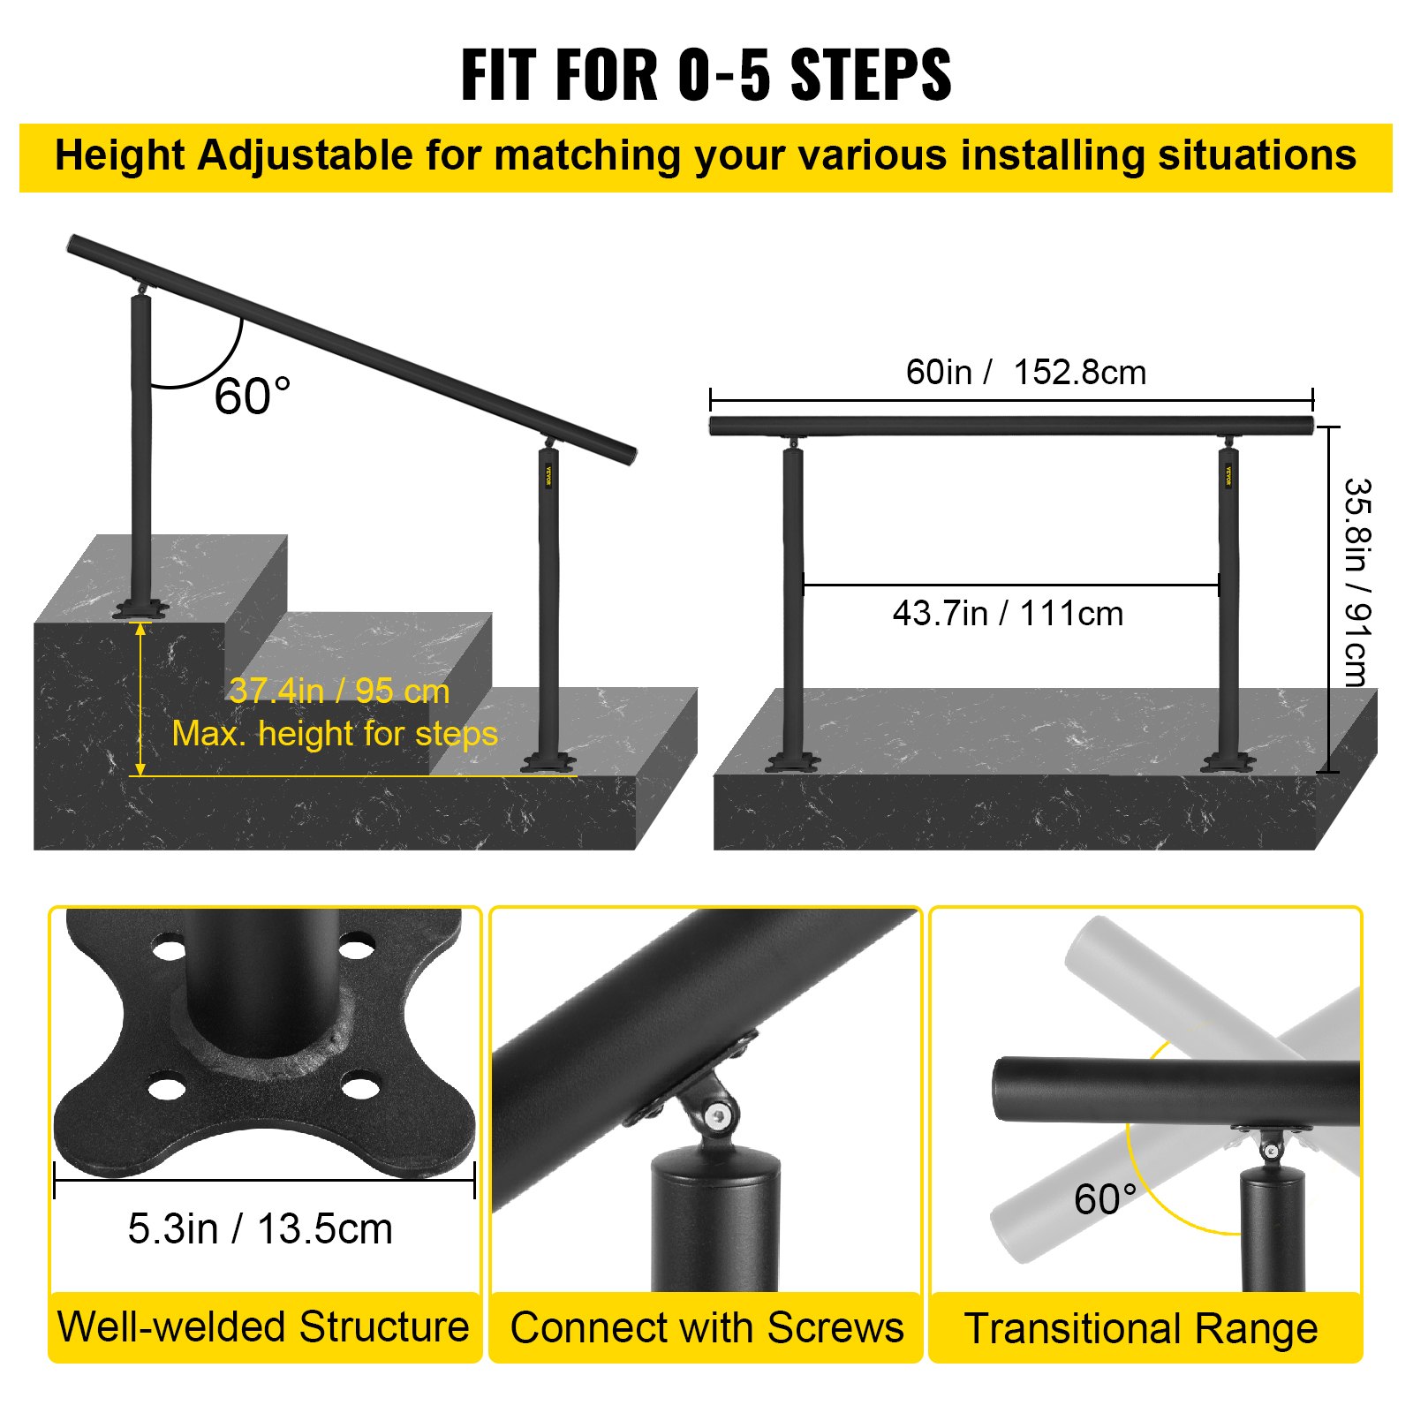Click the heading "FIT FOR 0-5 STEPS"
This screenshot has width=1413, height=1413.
pos(706,74)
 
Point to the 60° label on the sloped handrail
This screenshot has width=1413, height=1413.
pos(252,396)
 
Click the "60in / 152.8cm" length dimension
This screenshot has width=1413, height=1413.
pos(1025,373)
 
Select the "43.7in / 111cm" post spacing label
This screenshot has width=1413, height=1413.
pos(1008,614)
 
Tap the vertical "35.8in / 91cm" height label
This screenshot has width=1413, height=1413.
pos(1356,582)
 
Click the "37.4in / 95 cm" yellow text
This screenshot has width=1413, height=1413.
pos(339,691)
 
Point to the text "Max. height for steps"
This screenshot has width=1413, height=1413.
pos(335,734)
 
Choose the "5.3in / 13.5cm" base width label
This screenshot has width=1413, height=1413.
pos(261,1228)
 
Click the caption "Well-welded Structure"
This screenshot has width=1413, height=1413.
pos(263,1326)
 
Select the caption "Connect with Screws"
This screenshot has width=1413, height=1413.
pos(706,1327)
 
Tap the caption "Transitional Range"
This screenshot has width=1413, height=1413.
pos(1141,1328)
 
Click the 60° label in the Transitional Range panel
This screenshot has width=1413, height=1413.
pos(1104,1199)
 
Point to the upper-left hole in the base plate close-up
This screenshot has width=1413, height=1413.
pos(169,950)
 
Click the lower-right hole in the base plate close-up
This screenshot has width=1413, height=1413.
pos(359,1085)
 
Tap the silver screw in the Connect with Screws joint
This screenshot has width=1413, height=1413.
pos(719,1117)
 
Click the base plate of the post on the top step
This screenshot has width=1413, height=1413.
pos(140,609)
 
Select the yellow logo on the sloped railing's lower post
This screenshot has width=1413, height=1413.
pos(548,476)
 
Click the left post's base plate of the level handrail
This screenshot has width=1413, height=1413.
pos(792,761)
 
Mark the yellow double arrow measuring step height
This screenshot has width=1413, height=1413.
pos(140,699)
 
